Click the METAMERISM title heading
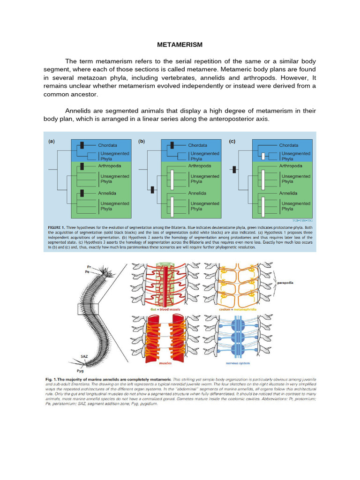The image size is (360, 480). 180,45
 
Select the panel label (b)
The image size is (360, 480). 142,140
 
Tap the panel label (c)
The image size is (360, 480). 232,140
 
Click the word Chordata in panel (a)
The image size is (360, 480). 107,145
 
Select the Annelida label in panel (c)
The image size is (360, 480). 288,193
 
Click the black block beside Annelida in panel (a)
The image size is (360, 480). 82,192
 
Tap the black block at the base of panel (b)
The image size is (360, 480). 152,190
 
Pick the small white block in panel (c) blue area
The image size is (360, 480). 263,156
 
